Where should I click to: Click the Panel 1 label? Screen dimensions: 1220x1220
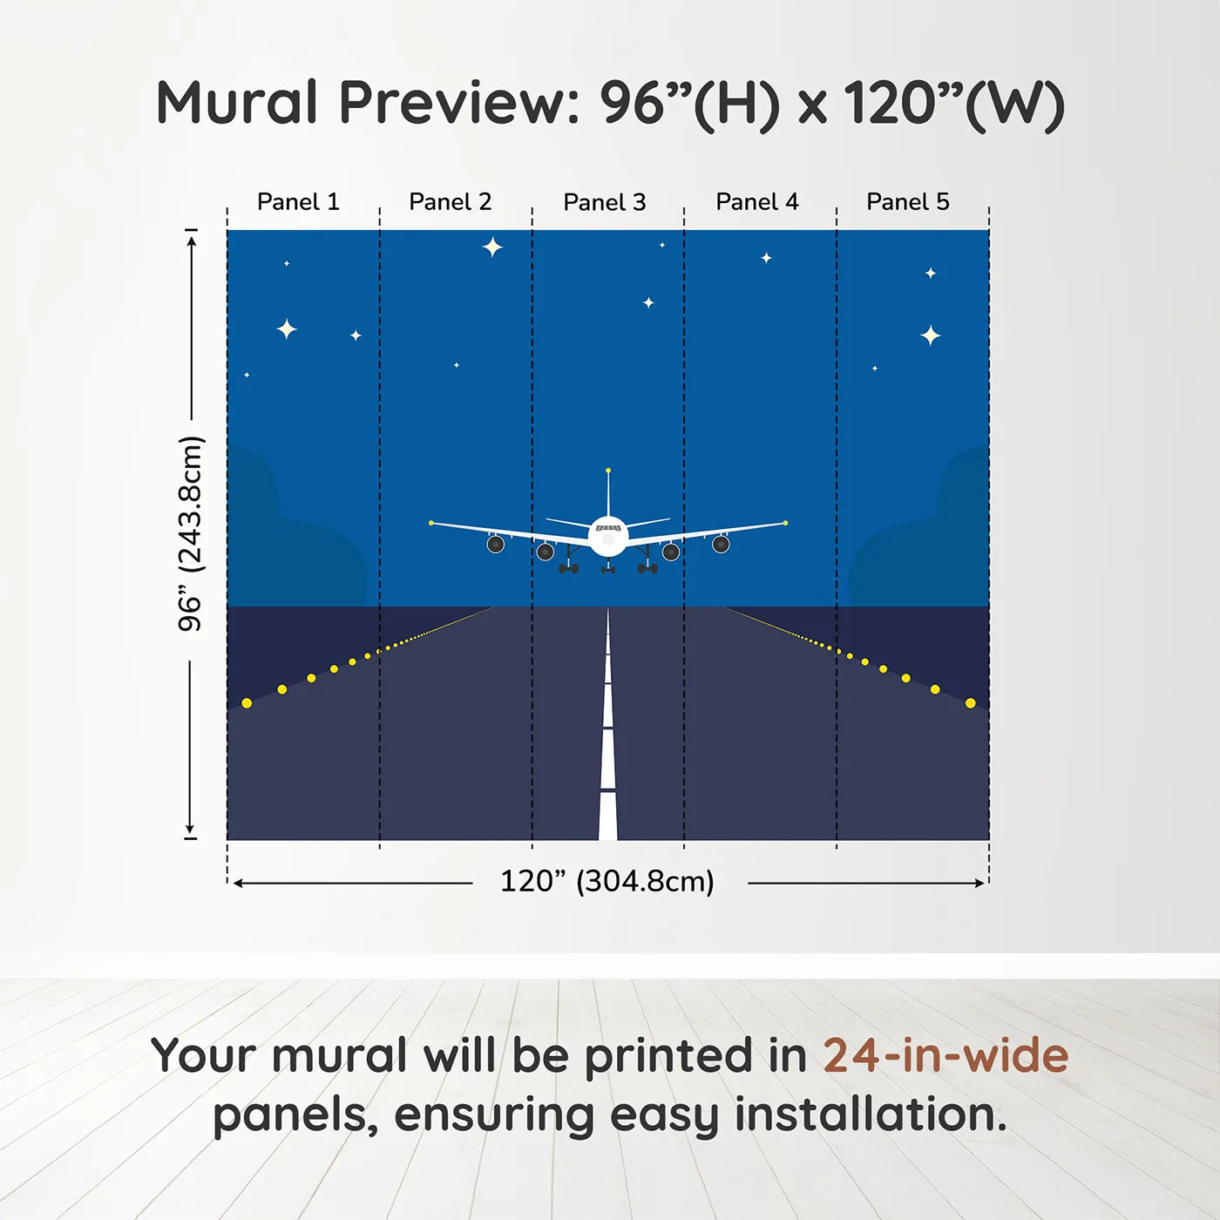pos(298,202)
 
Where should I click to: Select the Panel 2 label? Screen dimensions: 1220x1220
pos(451,202)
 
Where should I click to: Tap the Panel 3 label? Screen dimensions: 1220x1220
pos(605,203)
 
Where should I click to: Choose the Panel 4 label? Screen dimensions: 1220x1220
pos(757,202)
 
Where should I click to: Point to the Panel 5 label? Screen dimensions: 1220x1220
pos(908,202)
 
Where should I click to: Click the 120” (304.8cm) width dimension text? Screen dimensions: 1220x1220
pos(607,882)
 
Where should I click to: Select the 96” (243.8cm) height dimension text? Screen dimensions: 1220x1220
pos(191,533)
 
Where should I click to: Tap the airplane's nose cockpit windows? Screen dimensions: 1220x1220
pos(608,528)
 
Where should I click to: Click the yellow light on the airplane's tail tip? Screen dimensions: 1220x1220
pos(608,471)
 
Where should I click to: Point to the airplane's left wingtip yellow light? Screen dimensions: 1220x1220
pos(431,523)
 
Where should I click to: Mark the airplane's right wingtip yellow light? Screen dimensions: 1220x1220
pos(785,523)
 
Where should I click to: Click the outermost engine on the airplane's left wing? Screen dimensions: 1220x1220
pos(496,545)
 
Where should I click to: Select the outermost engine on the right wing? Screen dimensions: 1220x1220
pos(721,545)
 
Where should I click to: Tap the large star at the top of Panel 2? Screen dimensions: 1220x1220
pos(493,247)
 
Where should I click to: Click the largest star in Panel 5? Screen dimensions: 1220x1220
pos(931,335)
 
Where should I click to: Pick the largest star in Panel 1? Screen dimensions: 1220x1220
pos(287,329)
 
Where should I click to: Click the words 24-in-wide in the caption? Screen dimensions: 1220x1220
pos(945,1056)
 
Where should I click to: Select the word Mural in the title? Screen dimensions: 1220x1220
pos(237,103)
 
